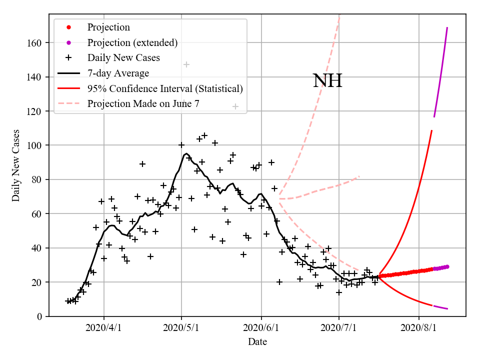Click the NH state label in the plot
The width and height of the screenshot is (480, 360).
(x=327, y=81)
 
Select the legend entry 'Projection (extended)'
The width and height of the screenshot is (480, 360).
(x=132, y=42)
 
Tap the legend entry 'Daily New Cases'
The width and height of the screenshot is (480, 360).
(x=123, y=58)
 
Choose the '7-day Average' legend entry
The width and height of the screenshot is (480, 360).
(x=118, y=73)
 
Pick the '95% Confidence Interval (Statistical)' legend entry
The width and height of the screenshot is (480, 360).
(x=165, y=89)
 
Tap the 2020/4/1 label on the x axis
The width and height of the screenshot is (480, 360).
(x=104, y=328)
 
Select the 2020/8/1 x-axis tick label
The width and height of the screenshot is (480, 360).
(x=418, y=328)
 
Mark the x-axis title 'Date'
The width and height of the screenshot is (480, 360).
(x=257, y=342)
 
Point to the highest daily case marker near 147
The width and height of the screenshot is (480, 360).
(x=186, y=64)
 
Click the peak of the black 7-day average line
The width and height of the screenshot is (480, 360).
(x=186, y=153)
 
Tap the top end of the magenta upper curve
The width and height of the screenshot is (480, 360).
(x=447, y=28)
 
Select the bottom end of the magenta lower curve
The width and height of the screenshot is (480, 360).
(x=447, y=308)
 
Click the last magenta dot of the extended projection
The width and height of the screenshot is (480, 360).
(x=447, y=266)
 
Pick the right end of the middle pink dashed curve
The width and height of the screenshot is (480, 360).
(x=359, y=176)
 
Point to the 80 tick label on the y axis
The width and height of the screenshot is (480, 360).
(x=36, y=179)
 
